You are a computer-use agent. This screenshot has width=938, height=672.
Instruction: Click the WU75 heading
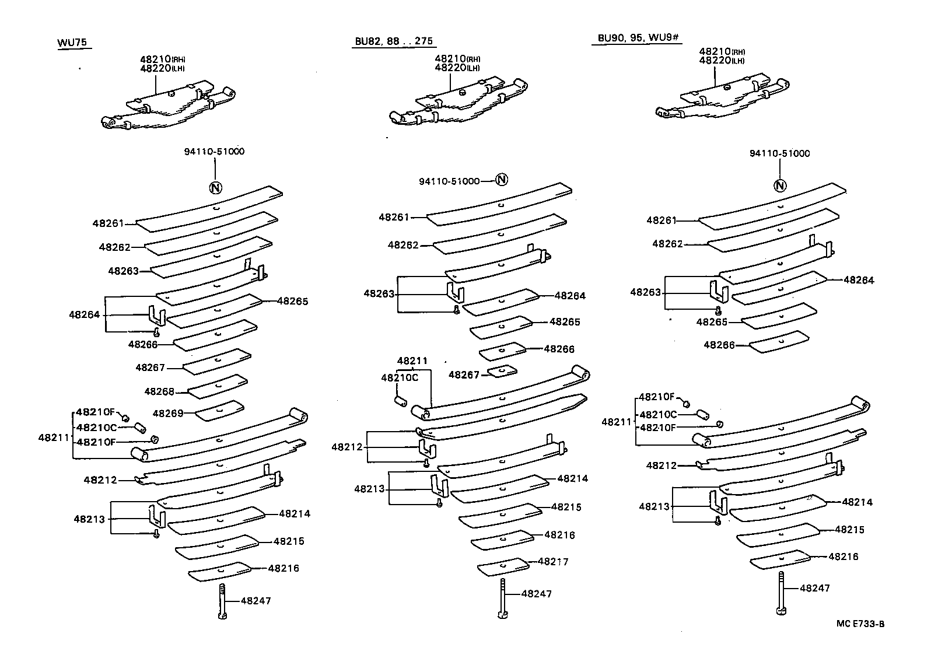pos(73,43)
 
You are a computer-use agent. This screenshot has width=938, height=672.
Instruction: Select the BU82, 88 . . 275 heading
pos(394,41)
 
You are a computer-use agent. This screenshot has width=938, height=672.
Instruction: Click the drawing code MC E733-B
pos(860,624)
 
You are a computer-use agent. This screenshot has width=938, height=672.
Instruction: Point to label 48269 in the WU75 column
pos(168,414)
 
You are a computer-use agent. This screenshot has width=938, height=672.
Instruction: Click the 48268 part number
pos(160,391)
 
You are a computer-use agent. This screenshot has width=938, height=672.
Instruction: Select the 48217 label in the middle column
pos(553,562)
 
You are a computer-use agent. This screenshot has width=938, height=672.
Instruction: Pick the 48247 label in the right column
pos(814,588)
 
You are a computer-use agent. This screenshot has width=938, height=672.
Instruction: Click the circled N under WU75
pos(215,188)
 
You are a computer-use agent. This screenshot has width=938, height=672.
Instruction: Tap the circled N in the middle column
pos(502,180)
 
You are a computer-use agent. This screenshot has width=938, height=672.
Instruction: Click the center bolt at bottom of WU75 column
pos(222,601)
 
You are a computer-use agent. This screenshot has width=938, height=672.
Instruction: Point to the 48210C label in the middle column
pos(400,377)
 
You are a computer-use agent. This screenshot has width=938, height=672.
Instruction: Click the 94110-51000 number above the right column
pos(780,153)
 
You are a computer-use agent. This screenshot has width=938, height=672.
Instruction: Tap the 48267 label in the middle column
pos(464,374)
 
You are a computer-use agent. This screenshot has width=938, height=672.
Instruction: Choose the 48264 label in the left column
pos(85,314)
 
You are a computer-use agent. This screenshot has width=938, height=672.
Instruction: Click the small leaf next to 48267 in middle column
pos(502,370)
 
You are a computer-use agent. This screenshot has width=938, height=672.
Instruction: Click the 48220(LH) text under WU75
pos(162,68)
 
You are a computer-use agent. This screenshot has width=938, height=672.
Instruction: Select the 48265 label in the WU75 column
pos(292,301)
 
